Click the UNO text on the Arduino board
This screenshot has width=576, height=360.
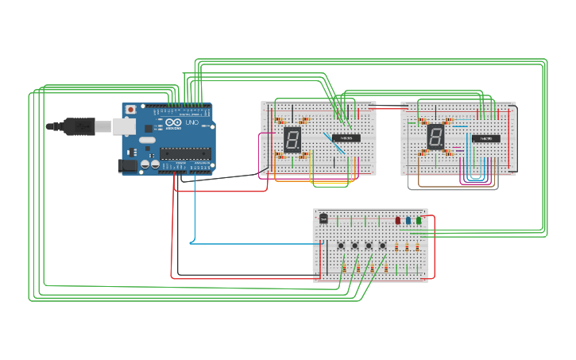[191, 124]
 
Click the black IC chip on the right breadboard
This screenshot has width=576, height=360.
[485, 138]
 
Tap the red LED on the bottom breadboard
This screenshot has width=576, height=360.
[398, 221]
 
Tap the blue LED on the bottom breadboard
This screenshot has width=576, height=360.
[408, 221]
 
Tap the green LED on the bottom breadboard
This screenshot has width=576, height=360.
[419, 221]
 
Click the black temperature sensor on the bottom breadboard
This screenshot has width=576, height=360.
[323, 218]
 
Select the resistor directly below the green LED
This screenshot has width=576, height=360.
[417, 247]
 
